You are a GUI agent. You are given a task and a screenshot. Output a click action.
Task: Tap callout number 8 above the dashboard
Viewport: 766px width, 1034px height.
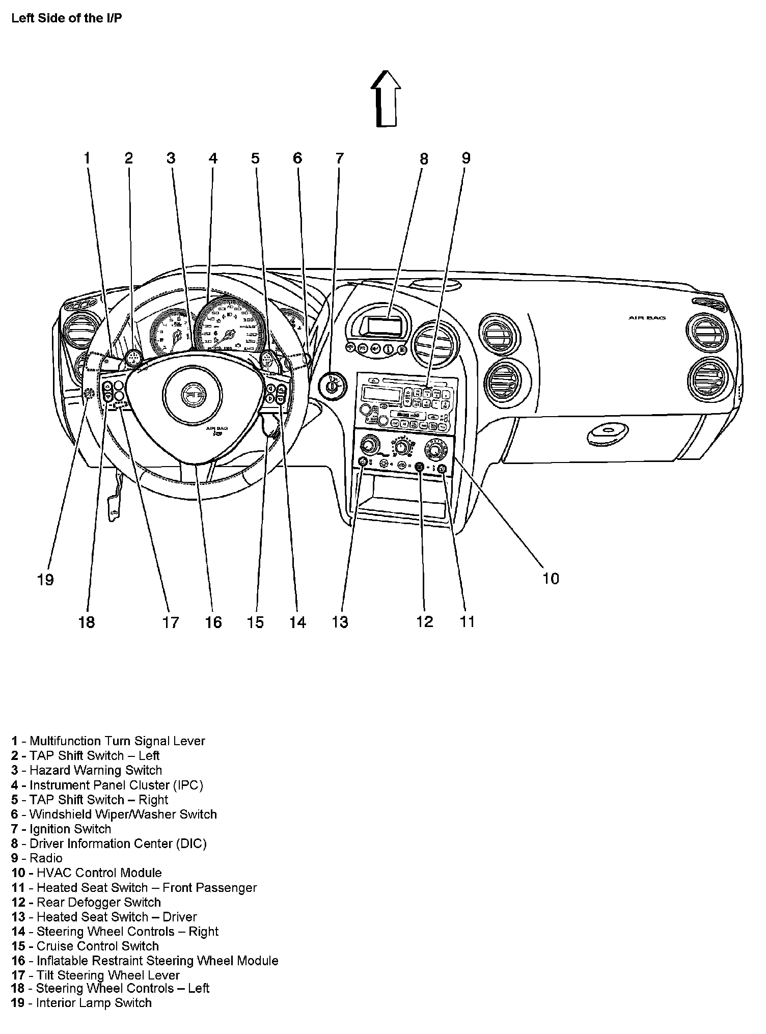click(x=424, y=159)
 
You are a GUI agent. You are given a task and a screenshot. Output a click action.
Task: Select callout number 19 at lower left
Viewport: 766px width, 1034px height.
click(x=45, y=580)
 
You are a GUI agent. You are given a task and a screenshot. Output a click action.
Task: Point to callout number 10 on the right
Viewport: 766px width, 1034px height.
click(x=551, y=579)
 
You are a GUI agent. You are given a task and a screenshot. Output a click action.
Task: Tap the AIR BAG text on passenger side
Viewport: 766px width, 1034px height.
click(x=647, y=318)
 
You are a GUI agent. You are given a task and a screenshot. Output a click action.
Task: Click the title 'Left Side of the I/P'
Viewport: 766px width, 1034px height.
click(x=67, y=19)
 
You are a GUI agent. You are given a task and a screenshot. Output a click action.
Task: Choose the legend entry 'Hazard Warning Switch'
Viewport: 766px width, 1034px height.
click(x=96, y=770)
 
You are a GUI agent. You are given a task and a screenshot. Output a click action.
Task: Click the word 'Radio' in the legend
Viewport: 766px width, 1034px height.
click(x=46, y=858)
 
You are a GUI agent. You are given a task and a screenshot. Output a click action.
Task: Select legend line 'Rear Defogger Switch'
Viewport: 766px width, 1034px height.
click(x=98, y=902)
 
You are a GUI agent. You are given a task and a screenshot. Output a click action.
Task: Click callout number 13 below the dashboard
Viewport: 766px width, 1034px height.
click(x=340, y=622)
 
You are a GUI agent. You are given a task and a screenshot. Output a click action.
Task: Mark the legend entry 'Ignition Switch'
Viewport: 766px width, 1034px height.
click(x=70, y=829)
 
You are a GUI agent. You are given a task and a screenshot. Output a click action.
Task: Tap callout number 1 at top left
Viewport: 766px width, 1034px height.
click(x=87, y=158)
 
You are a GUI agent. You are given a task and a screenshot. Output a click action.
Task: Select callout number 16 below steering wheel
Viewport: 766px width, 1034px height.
click(x=213, y=622)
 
